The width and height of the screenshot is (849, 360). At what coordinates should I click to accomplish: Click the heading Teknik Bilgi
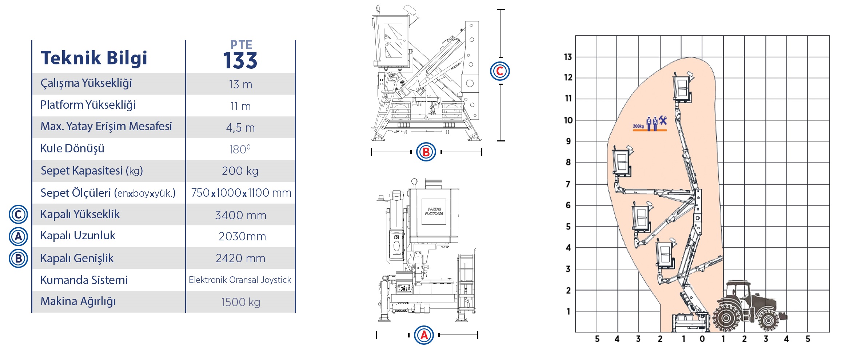(x=94, y=58)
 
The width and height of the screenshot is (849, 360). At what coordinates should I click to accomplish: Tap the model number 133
(x=240, y=61)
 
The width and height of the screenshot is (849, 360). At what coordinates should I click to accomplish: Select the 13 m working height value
(x=240, y=84)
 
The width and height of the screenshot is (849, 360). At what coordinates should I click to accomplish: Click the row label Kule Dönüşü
(x=72, y=148)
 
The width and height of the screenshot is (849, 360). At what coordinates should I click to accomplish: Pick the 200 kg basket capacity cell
(x=240, y=171)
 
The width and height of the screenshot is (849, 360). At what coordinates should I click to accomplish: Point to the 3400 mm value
(x=240, y=215)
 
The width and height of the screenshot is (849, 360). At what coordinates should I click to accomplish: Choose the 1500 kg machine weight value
(x=240, y=302)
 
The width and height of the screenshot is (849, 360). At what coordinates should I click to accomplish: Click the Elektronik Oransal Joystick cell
(x=240, y=280)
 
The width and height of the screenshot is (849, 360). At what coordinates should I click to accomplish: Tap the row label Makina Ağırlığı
(x=78, y=301)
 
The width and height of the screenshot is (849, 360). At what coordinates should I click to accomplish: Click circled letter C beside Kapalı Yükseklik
(x=18, y=215)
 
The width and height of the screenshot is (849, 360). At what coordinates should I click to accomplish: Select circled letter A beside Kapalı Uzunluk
(x=18, y=236)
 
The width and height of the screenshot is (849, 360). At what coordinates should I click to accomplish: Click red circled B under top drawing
(x=426, y=152)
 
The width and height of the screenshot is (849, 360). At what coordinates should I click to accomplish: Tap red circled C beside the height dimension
(x=500, y=71)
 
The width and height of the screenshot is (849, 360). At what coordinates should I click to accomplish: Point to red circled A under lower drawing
(x=424, y=335)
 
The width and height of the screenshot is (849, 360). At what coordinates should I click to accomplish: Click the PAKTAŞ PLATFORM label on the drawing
(x=434, y=211)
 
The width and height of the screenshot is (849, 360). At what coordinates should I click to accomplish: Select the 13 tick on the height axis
(x=568, y=57)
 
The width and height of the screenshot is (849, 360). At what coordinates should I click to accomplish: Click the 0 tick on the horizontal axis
(x=702, y=339)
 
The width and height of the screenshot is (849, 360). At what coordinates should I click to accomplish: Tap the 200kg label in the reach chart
(x=638, y=126)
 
